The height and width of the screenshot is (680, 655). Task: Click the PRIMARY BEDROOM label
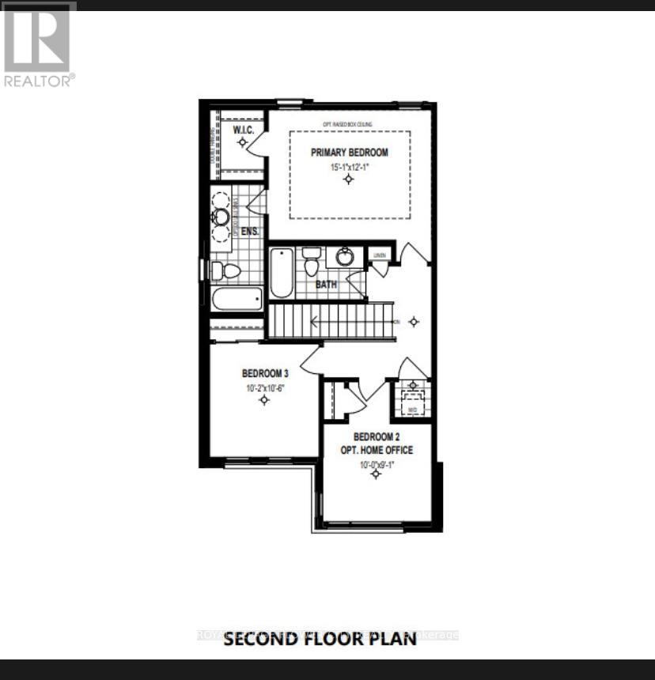(349, 152)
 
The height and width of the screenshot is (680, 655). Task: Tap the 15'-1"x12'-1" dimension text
(349, 168)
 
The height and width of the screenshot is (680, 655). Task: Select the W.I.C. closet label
(242, 130)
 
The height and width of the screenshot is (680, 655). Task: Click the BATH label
(326, 283)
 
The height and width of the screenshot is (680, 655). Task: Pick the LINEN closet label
(379, 255)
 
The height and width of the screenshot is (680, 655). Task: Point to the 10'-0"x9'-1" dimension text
(377, 465)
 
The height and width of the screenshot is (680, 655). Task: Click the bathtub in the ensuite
(237, 299)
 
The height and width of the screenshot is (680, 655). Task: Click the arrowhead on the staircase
(314, 321)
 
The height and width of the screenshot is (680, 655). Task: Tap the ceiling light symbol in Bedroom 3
(263, 400)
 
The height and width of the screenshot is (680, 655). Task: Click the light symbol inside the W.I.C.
(242, 142)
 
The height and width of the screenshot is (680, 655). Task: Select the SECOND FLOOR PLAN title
(320, 639)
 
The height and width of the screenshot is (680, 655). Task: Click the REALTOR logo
(38, 43)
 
